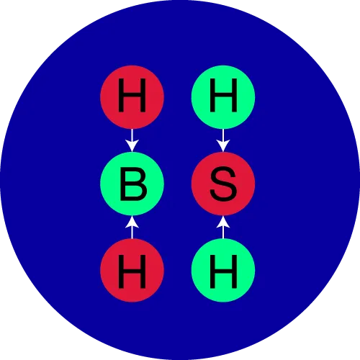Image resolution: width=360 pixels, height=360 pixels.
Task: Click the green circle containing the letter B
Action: [132, 184]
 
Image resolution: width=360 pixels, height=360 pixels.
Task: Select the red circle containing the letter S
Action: [223, 184]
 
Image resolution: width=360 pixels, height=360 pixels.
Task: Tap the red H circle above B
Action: [132, 97]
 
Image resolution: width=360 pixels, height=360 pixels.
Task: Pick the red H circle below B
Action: [132, 270]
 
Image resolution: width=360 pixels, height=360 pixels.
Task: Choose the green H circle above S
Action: [223, 97]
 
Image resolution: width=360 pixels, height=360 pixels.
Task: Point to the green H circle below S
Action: [223, 270]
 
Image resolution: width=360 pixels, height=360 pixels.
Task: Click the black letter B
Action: [133, 184]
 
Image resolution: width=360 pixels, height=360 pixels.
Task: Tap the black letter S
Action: [223, 184]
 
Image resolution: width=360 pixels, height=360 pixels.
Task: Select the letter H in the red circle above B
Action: [132, 95]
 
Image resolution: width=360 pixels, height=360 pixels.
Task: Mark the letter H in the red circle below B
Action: [132, 271]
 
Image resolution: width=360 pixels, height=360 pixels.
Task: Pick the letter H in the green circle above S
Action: [223, 95]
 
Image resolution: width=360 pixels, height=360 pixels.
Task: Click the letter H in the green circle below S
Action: [223, 271]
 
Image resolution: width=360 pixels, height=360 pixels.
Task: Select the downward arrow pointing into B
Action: [132, 140]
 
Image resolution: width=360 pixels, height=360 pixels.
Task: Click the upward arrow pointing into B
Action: [132, 227]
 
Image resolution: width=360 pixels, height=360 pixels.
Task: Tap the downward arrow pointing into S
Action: [223, 140]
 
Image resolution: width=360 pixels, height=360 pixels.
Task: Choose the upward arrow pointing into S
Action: [223, 227]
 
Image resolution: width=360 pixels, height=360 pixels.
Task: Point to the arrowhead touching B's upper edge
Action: [132, 146]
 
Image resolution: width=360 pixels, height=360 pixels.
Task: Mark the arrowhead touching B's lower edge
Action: [132, 222]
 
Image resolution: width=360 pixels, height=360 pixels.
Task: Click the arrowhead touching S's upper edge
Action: [223, 146]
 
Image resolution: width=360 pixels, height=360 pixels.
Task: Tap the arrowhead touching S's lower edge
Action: [223, 222]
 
